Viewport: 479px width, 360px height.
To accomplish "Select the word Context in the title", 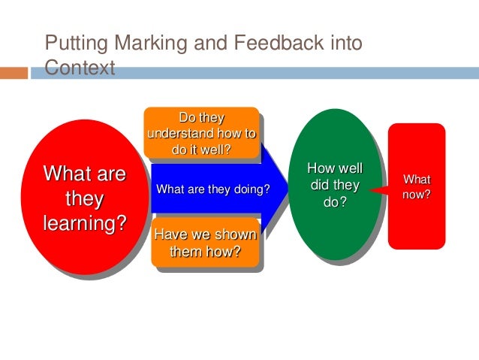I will [x=80, y=68].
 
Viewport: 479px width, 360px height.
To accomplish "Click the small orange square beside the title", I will [x=14, y=73].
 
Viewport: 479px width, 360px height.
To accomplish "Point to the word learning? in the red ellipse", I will [x=84, y=224].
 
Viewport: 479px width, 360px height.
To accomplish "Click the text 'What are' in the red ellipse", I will [x=84, y=174].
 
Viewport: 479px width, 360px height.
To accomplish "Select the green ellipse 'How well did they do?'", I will [x=335, y=184].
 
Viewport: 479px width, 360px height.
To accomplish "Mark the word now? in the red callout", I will [x=417, y=194].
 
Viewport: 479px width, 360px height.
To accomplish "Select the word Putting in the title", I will [x=70, y=44].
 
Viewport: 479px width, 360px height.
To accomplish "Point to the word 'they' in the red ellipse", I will [x=84, y=199].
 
